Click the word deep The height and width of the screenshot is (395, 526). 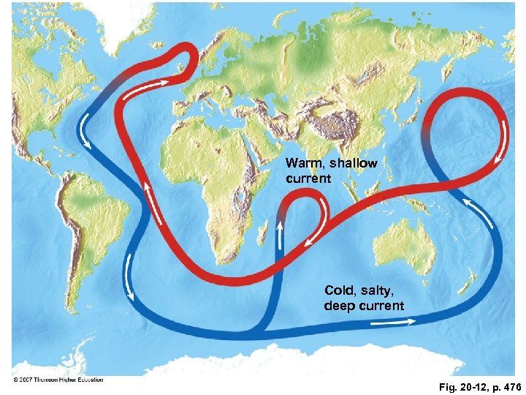click(340, 305)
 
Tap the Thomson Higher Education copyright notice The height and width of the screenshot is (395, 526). click(58, 379)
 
